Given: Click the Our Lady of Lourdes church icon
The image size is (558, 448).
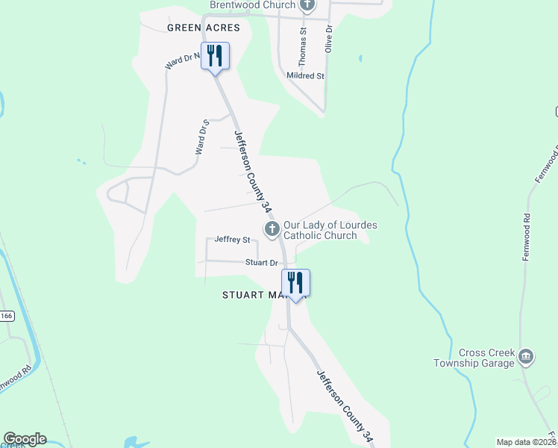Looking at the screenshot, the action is [272, 228].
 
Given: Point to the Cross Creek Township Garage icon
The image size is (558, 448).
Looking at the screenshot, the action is [526, 355].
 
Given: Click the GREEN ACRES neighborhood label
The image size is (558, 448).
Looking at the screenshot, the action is [203, 28].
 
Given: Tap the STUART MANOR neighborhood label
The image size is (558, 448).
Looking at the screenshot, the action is [254, 295].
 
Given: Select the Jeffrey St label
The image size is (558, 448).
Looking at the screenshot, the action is [231, 240].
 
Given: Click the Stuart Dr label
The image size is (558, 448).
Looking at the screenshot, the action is [262, 263].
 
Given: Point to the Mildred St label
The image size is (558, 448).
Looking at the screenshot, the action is [305, 76].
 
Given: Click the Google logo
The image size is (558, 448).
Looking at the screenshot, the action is [25, 439].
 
